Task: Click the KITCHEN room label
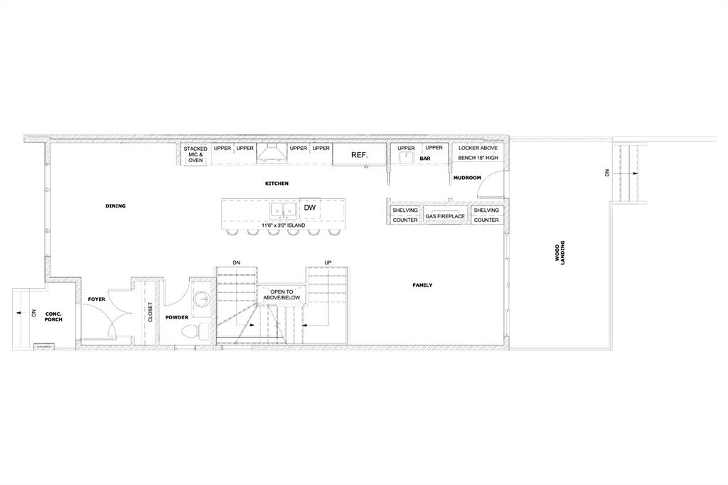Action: click(x=277, y=183)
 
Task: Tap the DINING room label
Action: click(x=115, y=206)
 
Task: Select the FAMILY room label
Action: click(x=422, y=285)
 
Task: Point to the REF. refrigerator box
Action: click(x=359, y=155)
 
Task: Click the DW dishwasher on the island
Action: click(x=310, y=208)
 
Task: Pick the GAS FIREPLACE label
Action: click(x=445, y=216)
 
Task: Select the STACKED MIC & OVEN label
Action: click(x=196, y=155)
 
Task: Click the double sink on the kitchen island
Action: click(x=283, y=210)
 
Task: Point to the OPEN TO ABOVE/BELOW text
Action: click(x=282, y=294)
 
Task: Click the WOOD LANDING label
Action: click(x=560, y=252)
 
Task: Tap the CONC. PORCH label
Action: click(x=54, y=316)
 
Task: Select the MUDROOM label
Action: click(x=467, y=178)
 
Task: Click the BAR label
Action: click(x=425, y=159)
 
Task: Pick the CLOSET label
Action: click(x=150, y=312)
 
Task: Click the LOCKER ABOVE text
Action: click(x=478, y=148)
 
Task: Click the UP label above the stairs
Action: click(x=328, y=263)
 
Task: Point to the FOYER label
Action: click(x=97, y=299)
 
